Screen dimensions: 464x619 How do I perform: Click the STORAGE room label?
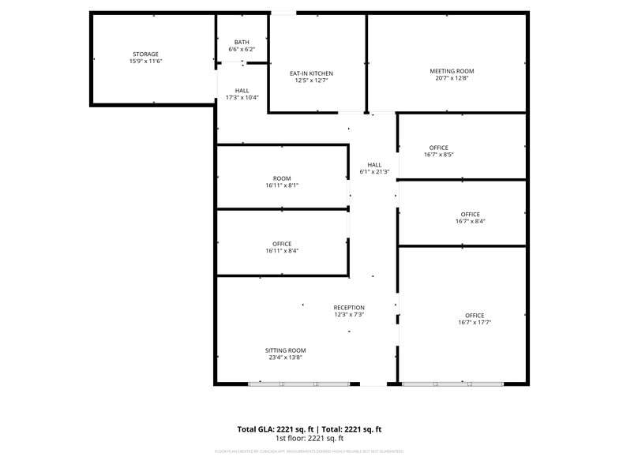145,54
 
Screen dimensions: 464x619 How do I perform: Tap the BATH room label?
242,42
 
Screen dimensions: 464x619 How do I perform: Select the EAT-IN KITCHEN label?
311,73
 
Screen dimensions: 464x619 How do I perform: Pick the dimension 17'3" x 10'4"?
242,98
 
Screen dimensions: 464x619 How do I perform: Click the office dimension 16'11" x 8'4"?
282,251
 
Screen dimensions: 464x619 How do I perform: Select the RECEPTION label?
348,308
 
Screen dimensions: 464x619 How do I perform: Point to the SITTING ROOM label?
285,350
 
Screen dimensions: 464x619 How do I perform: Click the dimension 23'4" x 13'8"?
285,357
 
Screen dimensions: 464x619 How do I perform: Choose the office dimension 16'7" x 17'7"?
475,322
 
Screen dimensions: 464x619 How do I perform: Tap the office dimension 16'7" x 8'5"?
439,155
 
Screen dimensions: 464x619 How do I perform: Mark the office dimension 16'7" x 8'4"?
471,222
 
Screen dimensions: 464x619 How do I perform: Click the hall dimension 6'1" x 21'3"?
374,171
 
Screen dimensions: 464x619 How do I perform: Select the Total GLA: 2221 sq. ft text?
274,429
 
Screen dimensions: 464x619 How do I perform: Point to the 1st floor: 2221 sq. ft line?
309,438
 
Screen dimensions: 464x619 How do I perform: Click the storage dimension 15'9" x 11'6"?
145,61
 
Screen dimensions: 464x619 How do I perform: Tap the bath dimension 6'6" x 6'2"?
242,49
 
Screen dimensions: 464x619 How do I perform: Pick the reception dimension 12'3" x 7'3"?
348,315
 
